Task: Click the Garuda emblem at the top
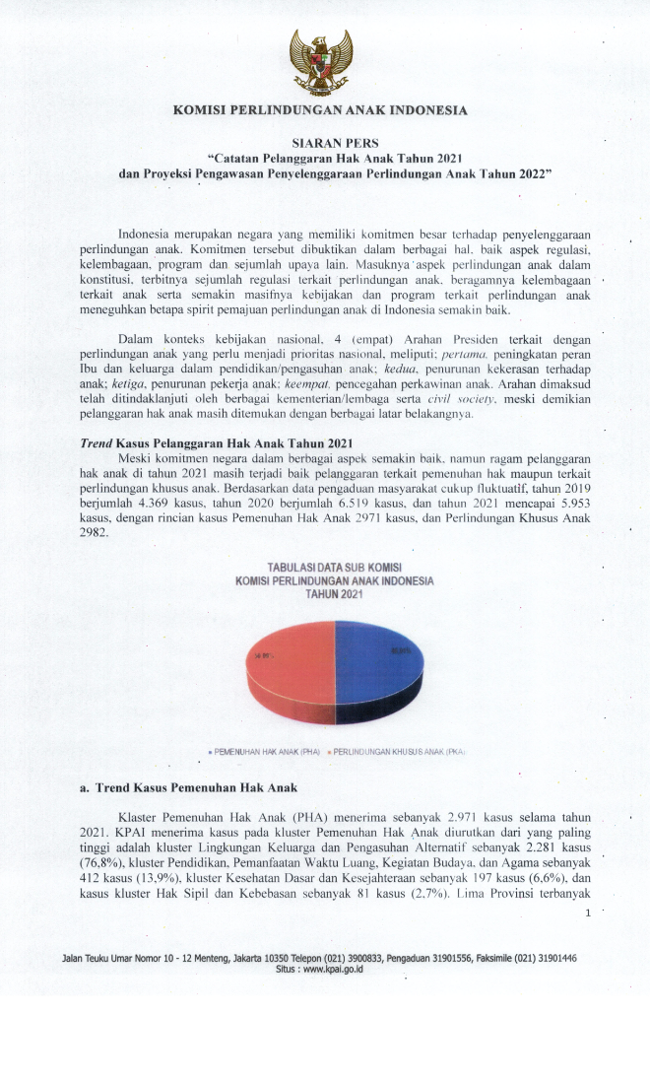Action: click(320, 61)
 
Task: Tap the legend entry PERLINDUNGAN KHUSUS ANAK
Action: click(398, 751)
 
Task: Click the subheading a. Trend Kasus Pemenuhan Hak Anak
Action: click(189, 788)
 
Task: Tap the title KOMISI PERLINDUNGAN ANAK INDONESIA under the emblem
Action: click(320, 111)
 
